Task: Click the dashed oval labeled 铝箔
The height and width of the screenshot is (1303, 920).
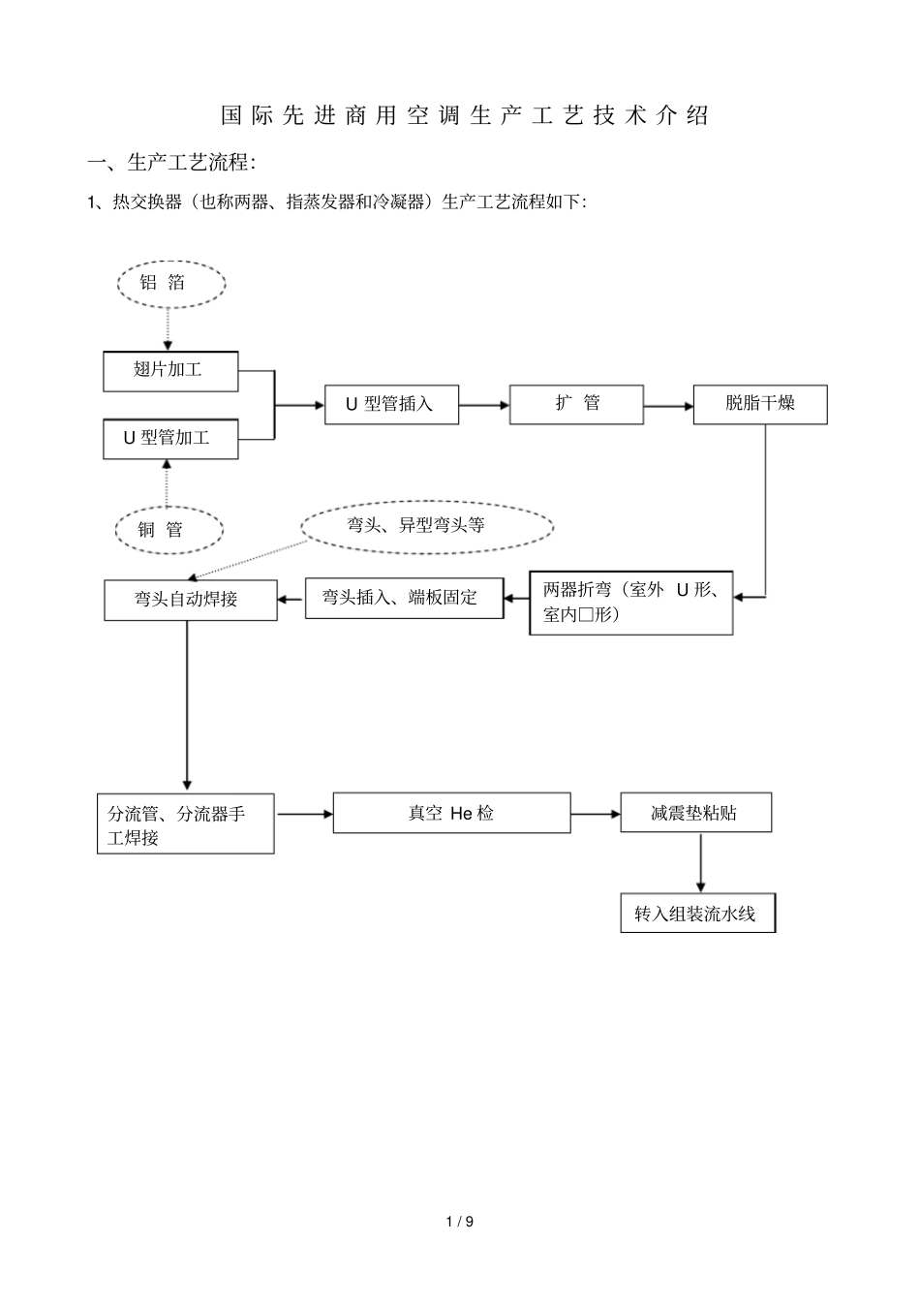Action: click(170, 283)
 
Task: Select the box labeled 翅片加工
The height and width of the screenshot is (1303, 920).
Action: click(170, 370)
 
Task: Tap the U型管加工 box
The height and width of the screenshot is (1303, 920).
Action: click(170, 438)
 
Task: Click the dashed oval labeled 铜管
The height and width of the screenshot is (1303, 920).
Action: click(169, 529)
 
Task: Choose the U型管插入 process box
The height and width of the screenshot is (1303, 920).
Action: click(391, 404)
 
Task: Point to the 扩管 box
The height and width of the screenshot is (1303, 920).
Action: click(577, 404)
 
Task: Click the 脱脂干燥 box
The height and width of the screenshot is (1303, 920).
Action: click(760, 404)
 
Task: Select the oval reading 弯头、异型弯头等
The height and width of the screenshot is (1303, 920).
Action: click(426, 526)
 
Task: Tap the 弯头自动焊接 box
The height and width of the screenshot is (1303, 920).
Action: click(190, 600)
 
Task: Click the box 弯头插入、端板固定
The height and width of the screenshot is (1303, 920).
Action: click(405, 598)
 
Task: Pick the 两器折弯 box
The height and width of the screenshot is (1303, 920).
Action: click(630, 603)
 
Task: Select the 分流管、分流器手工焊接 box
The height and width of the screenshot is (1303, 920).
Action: click(186, 824)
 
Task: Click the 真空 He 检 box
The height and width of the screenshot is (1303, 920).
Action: click(451, 814)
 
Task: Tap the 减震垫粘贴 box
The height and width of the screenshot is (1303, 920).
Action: click(696, 814)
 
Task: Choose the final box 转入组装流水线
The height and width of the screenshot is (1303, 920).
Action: click(697, 914)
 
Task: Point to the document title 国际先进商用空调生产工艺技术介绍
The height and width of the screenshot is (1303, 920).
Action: click(465, 115)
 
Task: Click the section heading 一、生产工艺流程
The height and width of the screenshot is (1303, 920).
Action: click(172, 162)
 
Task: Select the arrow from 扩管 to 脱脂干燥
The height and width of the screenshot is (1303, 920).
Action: click(668, 406)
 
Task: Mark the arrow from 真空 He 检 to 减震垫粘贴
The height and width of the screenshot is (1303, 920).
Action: click(596, 815)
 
